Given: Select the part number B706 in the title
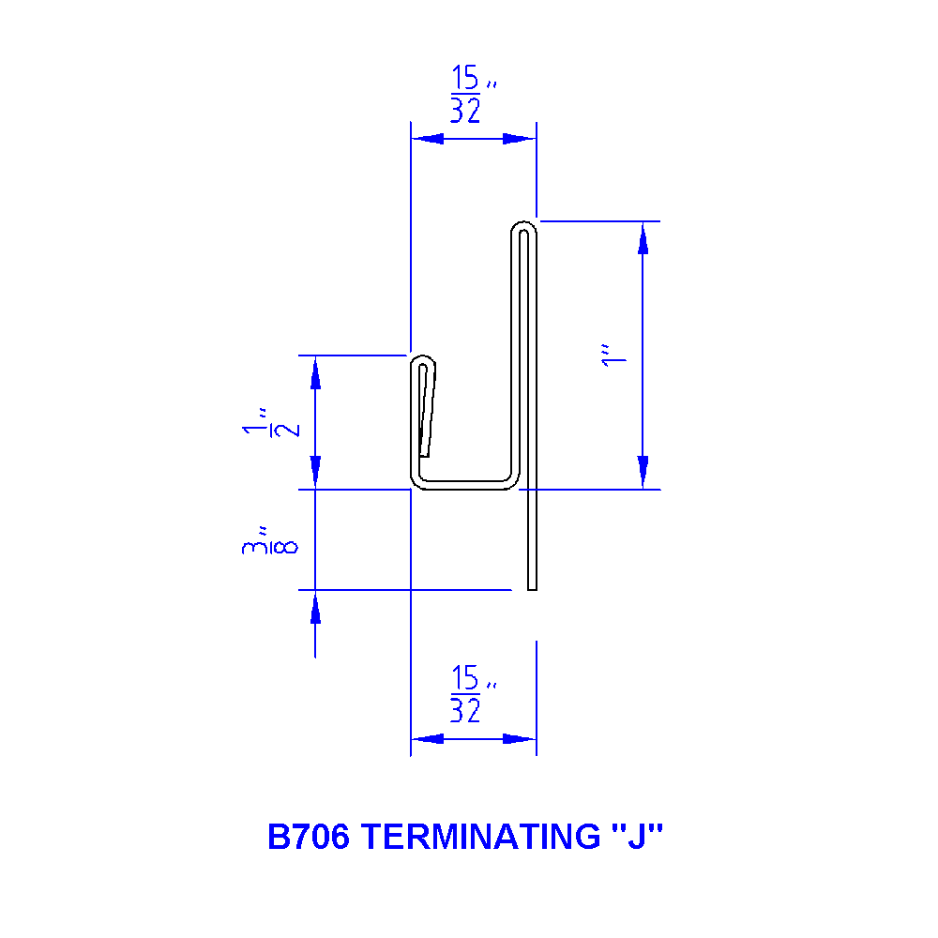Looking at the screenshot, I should (309, 836).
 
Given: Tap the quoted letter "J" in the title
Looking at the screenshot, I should (637, 836).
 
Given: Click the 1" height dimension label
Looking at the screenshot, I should (613, 356).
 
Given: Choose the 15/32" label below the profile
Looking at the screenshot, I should (468, 695).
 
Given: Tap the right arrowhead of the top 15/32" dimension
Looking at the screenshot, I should (520, 139).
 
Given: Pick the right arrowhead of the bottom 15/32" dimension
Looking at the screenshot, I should (520, 739).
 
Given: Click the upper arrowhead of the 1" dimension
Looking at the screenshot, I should (643, 238).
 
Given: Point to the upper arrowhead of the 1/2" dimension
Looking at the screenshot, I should (315, 372).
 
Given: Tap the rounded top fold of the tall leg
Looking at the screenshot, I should (524, 226).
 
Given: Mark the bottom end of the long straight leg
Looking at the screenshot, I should (532, 586).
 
